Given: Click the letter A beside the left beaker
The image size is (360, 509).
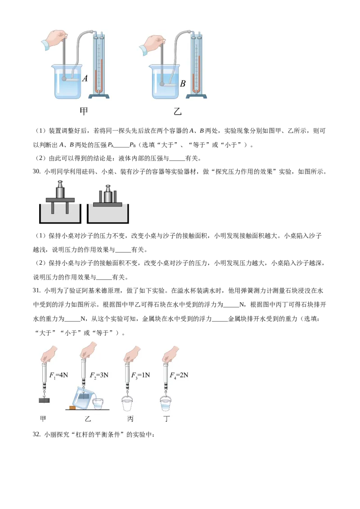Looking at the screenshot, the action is [x=85, y=78].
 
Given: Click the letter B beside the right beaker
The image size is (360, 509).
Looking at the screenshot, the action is [x=183, y=84].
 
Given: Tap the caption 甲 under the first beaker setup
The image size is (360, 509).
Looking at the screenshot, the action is [x=84, y=112].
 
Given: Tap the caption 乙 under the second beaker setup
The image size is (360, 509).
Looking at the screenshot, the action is [x=177, y=112].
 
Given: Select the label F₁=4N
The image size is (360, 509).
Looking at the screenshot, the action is [x=58, y=375].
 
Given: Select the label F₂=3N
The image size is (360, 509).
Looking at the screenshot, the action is [x=99, y=375].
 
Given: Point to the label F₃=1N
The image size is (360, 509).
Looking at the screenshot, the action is [x=141, y=375].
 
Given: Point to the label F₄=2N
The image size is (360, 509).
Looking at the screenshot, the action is [x=179, y=375].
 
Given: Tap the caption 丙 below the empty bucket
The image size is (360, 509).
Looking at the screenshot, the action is [x=130, y=419].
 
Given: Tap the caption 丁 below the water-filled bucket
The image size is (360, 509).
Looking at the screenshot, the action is [x=166, y=419].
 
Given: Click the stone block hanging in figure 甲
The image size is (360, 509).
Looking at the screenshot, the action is [x=44, y=400].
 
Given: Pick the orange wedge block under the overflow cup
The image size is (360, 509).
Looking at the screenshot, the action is [x=72, y=407].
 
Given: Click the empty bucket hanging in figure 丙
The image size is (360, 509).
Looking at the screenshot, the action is [x=127, y=403].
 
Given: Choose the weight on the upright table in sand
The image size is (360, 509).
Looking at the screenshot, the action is [x=60, y=189].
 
